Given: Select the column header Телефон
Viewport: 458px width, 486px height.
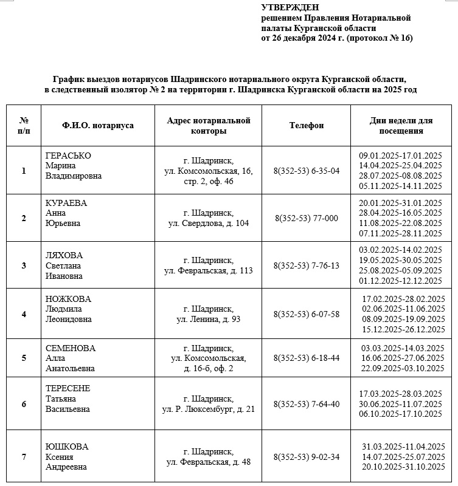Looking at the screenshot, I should pyautogui.click(x=307, y=125).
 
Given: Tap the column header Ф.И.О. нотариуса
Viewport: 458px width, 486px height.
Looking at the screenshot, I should pyautogui.click(x=98, y=125).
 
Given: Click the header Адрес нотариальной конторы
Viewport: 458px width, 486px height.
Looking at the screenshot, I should pyautogui.click(x=209, y=125).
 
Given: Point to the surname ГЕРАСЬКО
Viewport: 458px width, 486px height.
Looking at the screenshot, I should pyautogui.click(x=68, y=156).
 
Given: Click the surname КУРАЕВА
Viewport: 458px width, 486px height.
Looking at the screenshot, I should pyautogui.click(x=66, y=203).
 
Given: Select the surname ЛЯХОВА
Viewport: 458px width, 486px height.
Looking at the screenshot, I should pyautogui.click(x=64, y=255).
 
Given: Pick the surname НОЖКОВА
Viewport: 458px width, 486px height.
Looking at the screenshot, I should pyautogui.click(x=68, y=299).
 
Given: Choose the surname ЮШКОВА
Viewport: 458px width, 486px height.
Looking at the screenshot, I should pyautogui.click(x=67, y=447).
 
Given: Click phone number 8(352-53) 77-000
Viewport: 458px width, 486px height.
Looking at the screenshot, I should pyautogui.click(x=307, y=218).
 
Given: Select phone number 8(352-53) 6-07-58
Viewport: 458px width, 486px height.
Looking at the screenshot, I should pyautogui.click(x=307, y=314).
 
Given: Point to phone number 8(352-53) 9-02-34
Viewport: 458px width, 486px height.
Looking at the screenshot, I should pyautogui.click(x=307, y=457).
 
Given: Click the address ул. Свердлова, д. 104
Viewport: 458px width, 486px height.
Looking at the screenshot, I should pyautogui.click(x=209, y=223).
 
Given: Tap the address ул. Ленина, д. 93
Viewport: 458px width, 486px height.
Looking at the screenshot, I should pyautogui.click(x=209, y=319).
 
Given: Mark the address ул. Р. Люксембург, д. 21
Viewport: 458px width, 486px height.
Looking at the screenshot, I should pyautogui.click(x=209, y=409).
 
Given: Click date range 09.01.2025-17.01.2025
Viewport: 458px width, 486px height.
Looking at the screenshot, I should pyautogui.click(x=400, y=155).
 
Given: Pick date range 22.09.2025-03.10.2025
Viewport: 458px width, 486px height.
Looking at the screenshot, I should pyautogui.click(x=401, y=368).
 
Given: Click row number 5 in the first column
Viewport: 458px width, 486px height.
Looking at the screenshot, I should pyautogui.click(x=24, y=358).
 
